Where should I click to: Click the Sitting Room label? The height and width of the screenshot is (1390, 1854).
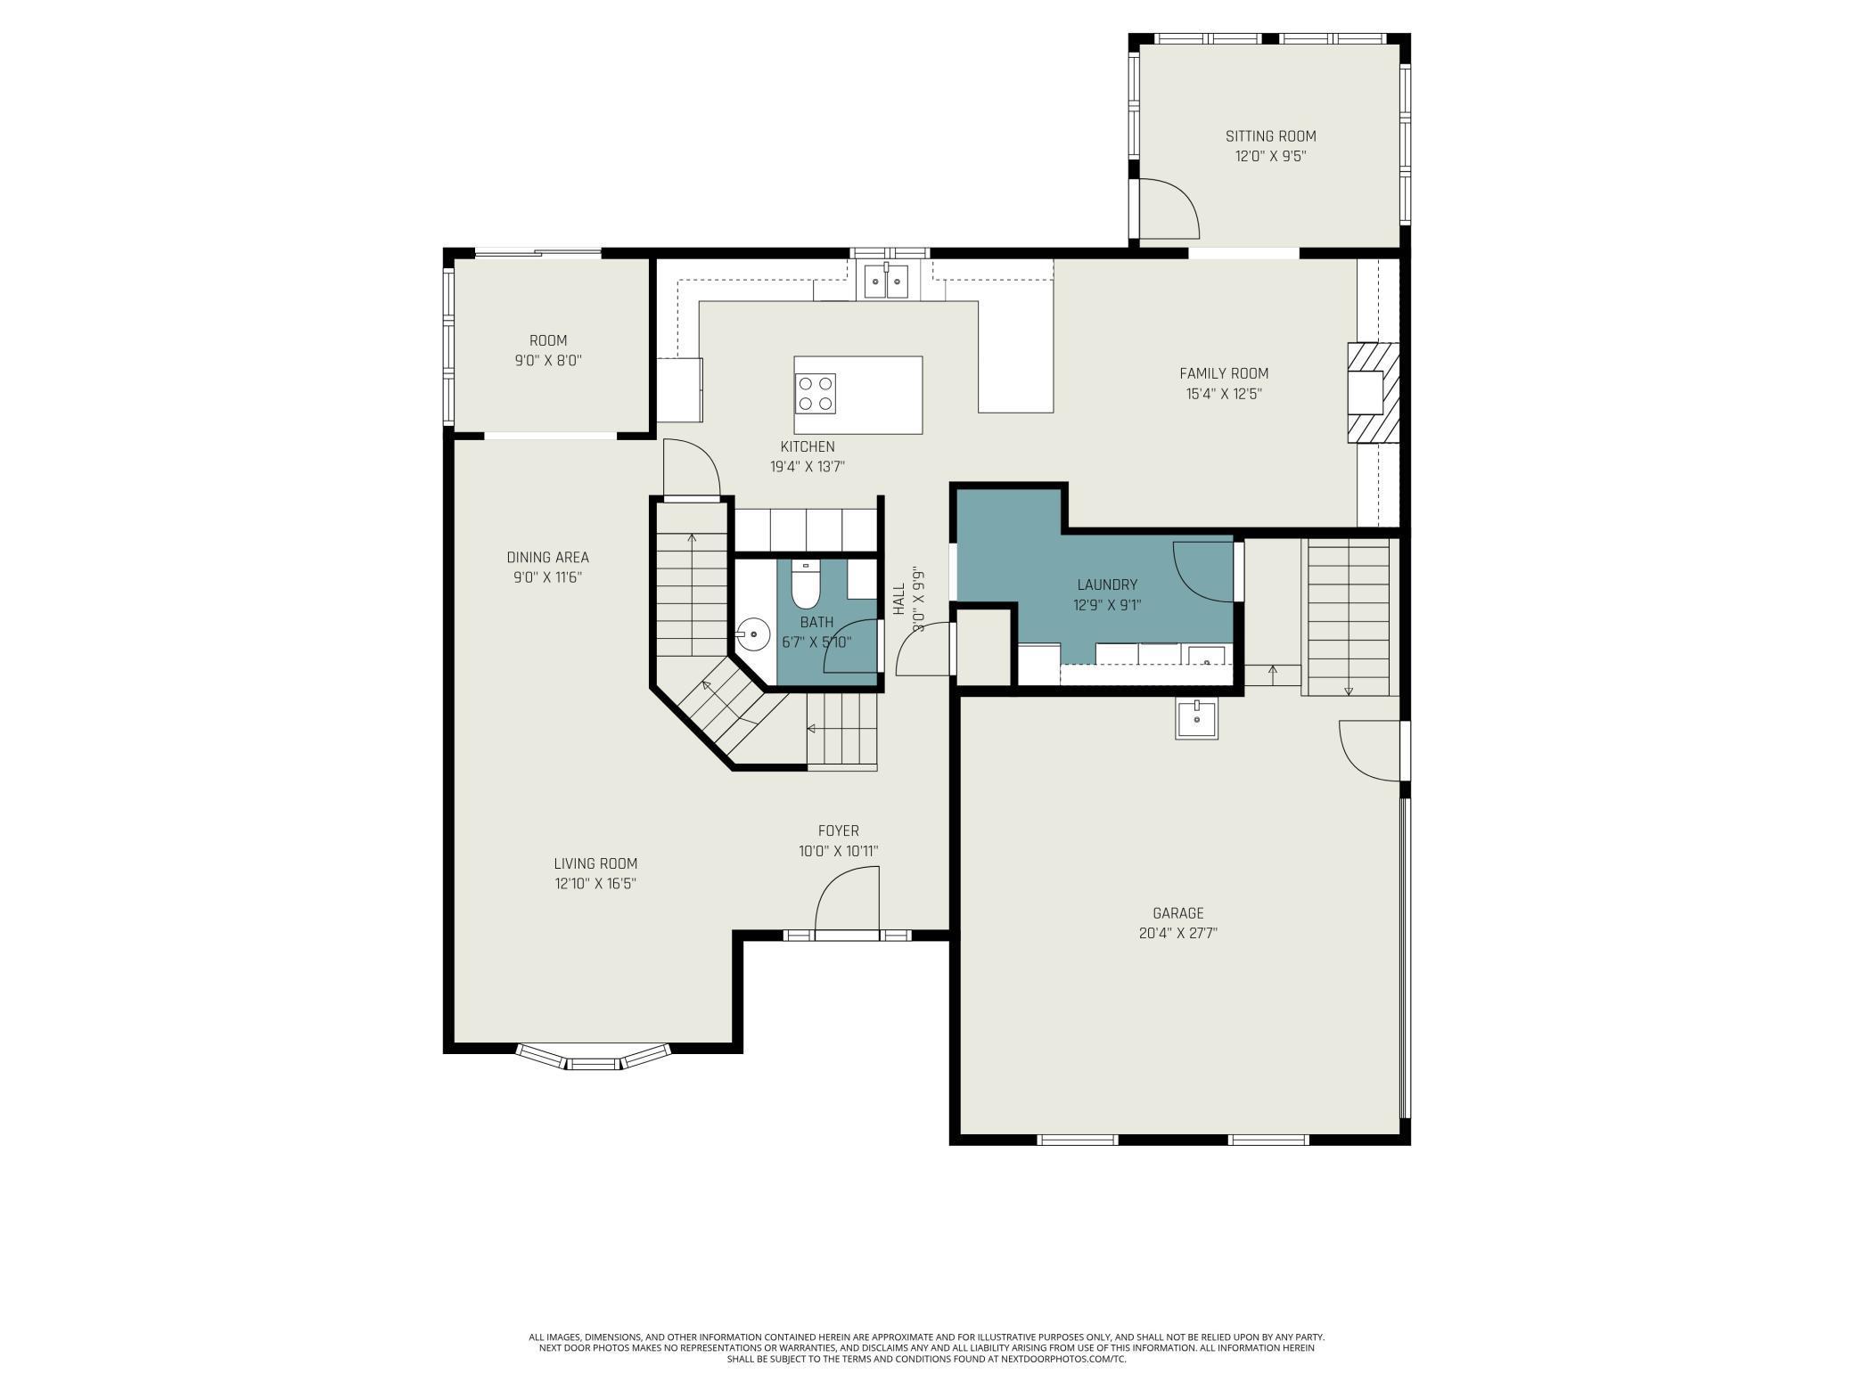(1270, 136)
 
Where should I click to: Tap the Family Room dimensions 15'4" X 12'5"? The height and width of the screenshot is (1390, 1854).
(1224, 394)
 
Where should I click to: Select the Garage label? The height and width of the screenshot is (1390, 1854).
(1178, 913)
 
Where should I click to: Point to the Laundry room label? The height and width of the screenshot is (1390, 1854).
(1107, 585)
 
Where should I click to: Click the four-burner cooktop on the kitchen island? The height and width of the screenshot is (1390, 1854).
(816, 394)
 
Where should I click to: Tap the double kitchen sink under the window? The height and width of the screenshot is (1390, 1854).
(886, 282)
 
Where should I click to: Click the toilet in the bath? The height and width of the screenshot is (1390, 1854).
(805, 581)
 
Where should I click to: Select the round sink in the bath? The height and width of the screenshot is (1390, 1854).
(754, 634)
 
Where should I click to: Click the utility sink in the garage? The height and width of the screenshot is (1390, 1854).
(1197, 717)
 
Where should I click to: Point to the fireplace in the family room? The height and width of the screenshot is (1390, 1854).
(1373, 393)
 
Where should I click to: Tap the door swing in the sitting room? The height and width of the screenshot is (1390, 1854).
(1169, 208)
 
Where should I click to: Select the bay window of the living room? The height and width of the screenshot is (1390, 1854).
(594, 1057)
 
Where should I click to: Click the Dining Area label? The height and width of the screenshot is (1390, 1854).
(548, 558)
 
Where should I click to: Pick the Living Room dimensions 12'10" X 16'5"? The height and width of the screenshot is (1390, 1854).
(595, 884)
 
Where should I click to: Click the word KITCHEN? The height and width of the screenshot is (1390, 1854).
(808, 446)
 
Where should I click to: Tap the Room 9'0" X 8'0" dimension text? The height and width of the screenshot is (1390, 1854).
(548, 361)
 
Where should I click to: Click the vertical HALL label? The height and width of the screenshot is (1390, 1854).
(899, 599)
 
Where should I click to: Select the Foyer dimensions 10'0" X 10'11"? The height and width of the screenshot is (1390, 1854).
(838, 851)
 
